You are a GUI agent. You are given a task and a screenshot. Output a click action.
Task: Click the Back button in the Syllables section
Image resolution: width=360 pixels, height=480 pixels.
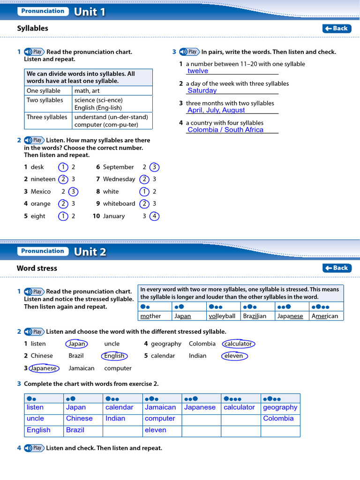(337, 29)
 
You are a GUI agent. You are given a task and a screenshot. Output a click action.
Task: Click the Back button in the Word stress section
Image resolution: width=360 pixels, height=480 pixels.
(337, 268)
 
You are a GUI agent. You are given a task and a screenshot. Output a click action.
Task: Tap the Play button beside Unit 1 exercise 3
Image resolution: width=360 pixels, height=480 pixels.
(189, 52)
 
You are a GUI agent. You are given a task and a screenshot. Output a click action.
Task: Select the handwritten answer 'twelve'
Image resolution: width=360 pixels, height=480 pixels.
(198, 71)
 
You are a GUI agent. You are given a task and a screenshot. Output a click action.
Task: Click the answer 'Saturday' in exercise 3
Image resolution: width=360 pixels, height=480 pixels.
(202, 90)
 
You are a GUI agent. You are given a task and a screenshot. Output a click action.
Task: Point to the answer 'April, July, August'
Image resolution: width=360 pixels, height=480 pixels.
(216, 110)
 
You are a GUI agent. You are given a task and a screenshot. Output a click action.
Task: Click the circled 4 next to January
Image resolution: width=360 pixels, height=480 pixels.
(154, 216)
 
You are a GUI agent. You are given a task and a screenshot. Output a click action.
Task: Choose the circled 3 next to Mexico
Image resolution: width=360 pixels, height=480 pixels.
(73, 192)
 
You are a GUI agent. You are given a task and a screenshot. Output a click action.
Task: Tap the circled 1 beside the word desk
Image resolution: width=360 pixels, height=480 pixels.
(63, 167)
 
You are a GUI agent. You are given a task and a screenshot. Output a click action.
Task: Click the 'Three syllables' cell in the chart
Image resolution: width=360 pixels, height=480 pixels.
(47, 117)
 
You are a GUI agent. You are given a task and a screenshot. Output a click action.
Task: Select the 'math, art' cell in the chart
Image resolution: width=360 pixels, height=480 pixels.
(87, 91)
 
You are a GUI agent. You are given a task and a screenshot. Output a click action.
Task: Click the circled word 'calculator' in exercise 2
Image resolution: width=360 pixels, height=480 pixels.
(239, 344)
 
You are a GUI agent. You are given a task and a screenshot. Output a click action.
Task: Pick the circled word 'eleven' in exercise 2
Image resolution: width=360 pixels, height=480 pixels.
(234, 356)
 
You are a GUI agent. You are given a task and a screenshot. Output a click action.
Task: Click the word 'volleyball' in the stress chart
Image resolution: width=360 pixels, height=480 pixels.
(222, 316)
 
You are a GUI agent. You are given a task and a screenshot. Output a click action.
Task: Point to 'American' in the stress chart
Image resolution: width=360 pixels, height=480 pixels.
(325, 316)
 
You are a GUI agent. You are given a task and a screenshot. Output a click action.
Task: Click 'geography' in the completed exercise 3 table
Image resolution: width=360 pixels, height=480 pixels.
(280, 407)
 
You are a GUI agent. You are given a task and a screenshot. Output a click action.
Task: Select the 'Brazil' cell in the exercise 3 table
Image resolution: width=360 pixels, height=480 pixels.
(75, 430)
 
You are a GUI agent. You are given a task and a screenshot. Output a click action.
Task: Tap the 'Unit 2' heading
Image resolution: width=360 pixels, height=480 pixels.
(90, 251)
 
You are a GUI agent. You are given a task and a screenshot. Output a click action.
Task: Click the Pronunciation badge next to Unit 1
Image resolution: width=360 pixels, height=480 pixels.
(43, 11)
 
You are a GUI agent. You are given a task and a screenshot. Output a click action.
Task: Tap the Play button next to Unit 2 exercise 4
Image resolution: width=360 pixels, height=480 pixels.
(34, 448)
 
